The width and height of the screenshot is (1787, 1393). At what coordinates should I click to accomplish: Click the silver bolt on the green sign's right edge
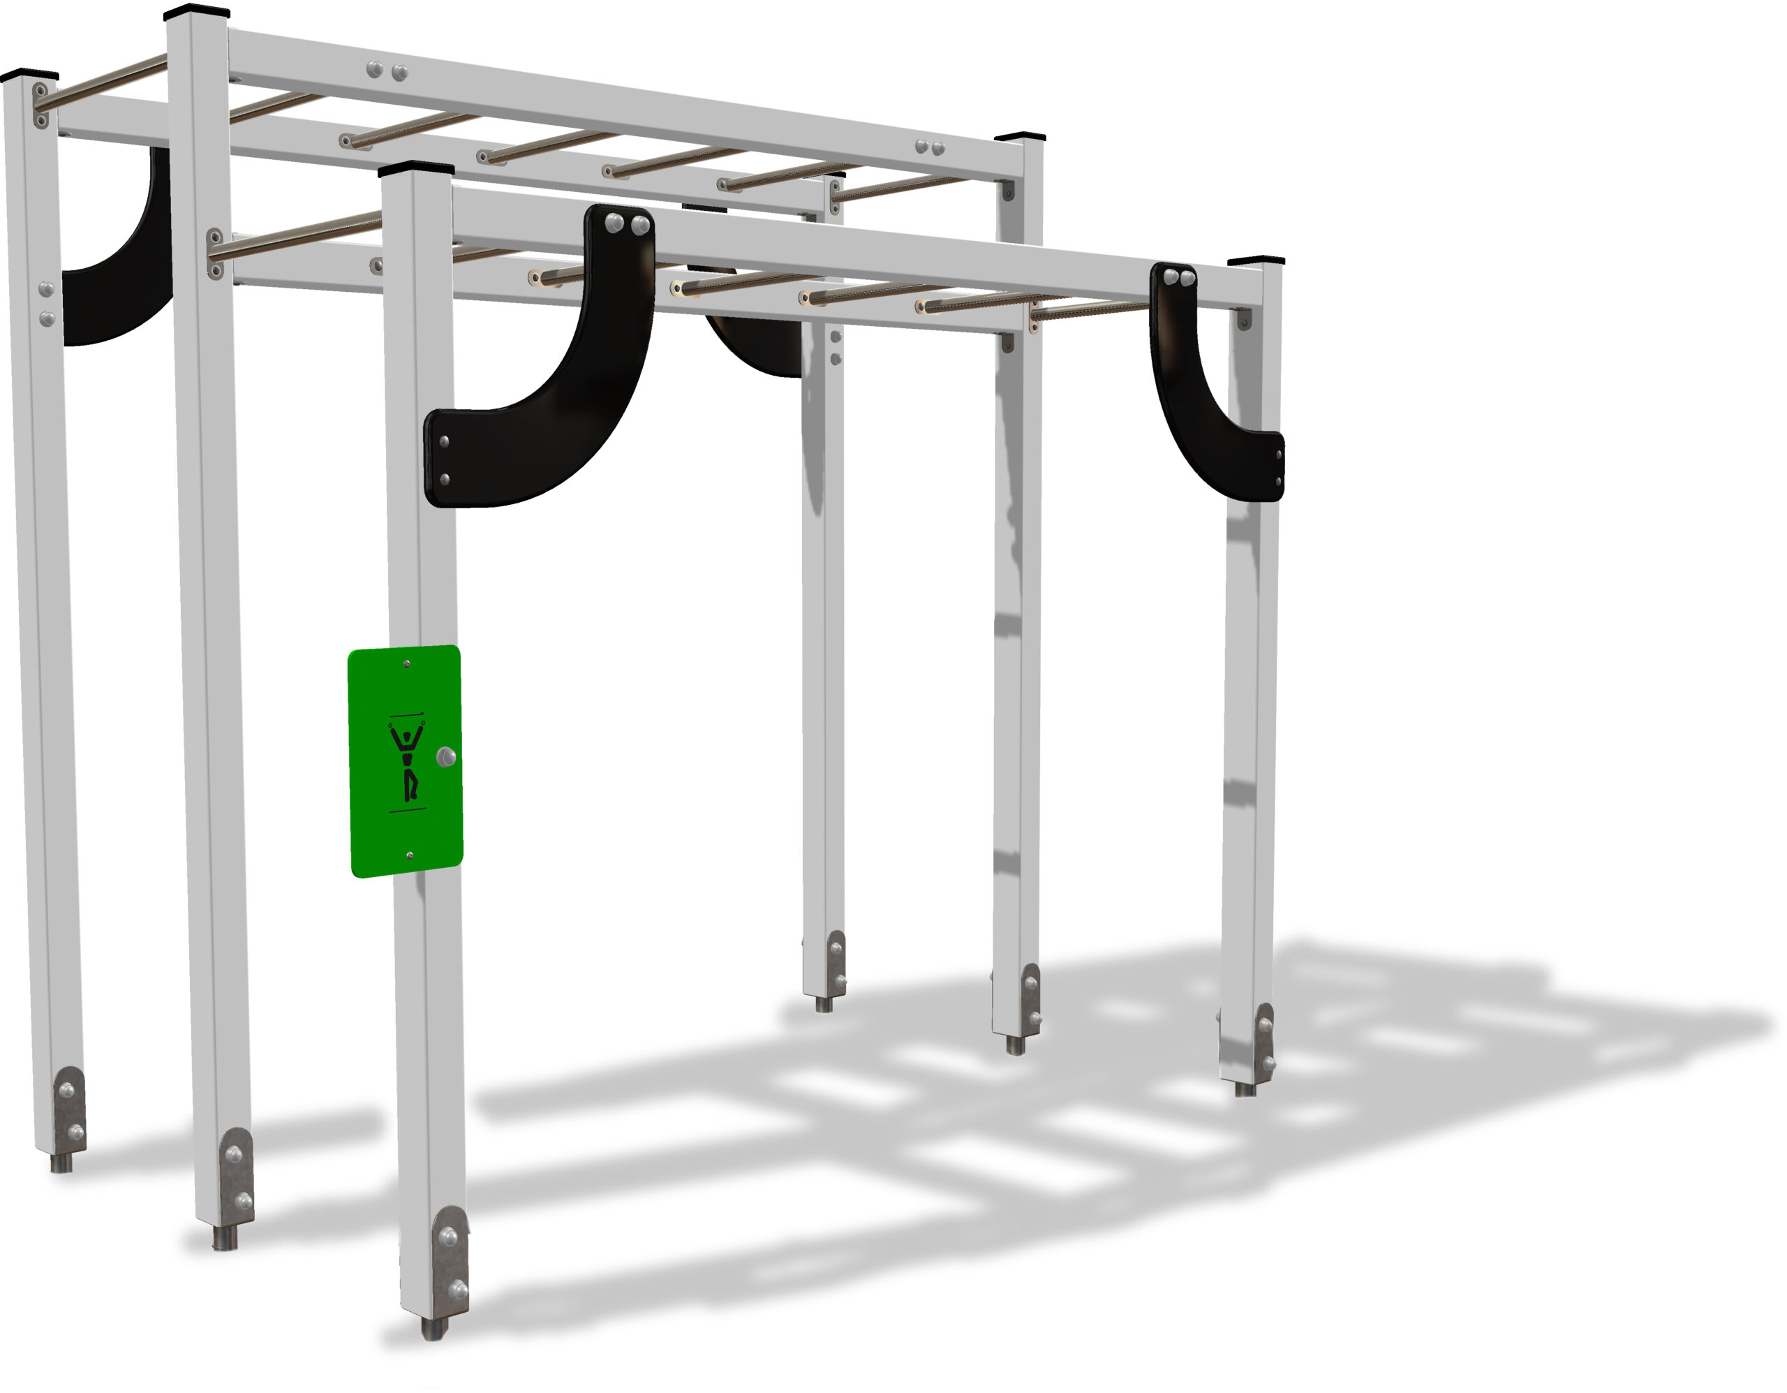point(446,757)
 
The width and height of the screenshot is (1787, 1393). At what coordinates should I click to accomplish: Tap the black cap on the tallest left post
point(196,13)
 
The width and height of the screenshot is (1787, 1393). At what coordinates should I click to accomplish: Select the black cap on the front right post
point(1256,261)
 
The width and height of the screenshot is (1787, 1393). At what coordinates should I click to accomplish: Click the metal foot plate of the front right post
point(1265,1043)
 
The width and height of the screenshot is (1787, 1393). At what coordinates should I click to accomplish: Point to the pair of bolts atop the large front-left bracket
point(628,223)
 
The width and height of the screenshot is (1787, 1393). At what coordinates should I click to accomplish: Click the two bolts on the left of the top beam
point(387,71)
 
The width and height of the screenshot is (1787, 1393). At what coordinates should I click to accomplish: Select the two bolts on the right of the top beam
point(930,148)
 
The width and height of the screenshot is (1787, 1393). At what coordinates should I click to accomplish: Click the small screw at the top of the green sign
point(407,664)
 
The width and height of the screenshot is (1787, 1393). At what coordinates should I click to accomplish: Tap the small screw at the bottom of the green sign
point(409,855)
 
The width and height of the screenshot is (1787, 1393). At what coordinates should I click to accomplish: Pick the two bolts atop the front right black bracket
point(1179,279)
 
